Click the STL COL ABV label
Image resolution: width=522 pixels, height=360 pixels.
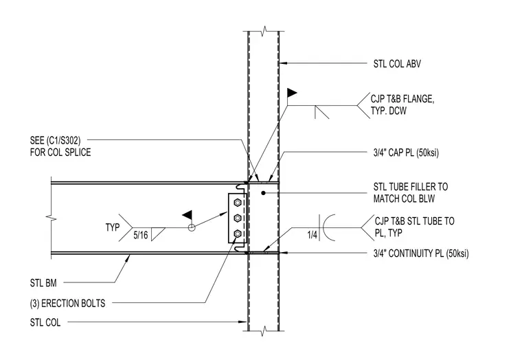pos(397,64)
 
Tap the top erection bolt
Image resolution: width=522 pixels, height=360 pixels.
pos(238,202)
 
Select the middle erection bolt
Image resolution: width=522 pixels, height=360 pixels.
pos(238,218)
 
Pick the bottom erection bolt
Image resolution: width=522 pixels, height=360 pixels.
pos(238,234)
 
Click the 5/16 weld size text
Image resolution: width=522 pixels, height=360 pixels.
pos(141,235)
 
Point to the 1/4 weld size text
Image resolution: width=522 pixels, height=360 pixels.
pos(313,235)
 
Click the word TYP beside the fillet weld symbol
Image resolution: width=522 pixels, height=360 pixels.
pos(113,227)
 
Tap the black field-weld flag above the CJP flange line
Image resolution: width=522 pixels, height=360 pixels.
pos(292,93)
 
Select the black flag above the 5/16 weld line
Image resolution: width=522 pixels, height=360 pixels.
pos(188,215)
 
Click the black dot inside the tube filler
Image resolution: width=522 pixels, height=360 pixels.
pos(263,193)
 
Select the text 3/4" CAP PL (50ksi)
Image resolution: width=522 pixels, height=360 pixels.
pos(406,153)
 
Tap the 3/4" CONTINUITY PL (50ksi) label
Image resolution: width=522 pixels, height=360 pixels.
pos(421,254)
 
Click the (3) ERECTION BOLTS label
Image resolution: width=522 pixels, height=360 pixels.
pos(67,304)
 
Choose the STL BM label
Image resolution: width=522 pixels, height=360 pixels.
pos(43,283)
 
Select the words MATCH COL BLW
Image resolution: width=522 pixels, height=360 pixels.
pos(404,199)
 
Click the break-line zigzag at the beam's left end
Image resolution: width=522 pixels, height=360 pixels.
pos(51,218)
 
